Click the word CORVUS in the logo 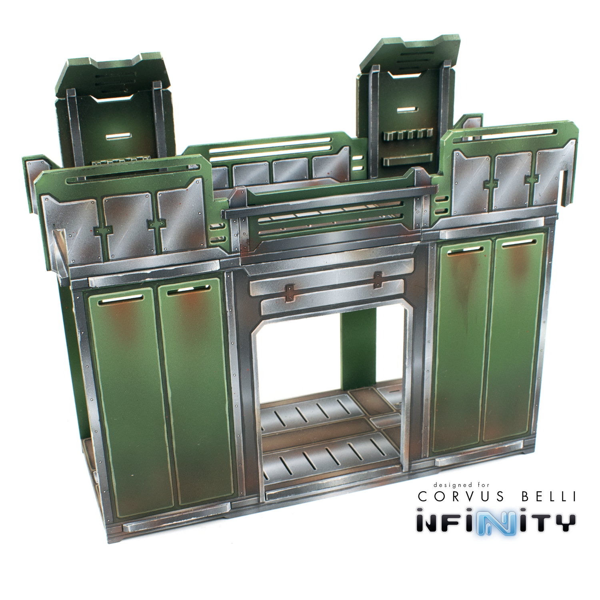[x=459, y=496]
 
